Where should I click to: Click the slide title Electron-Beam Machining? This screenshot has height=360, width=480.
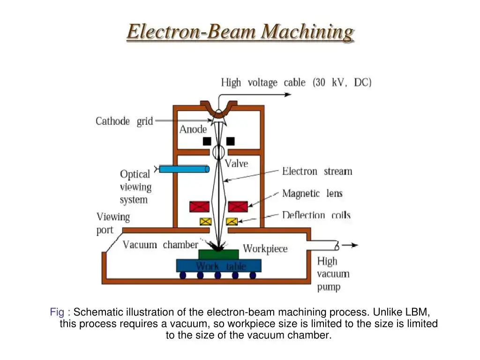pyautogui.click(x=240, y=32)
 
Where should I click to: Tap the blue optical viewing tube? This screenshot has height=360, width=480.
pyautogui.click(x=184, y=169)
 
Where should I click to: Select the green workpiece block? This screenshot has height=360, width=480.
pyautogui.click(x=218, y=254)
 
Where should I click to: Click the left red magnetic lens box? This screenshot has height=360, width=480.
pyautogui.click(x=199, y=207)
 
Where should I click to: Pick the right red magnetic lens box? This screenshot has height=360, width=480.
pyautogui.click(x=238, y=207)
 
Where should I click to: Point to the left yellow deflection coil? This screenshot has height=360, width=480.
pyautogui.click(x=205, y=221)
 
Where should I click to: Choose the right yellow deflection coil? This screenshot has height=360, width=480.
pyautogui.click(x=232, y=221)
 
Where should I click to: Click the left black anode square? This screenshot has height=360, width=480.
pyautogui.click(x=207, y=141)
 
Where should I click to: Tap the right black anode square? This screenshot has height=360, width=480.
pyautogui.click(x=231, y=141)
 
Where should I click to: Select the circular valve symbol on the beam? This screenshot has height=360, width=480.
pyautogui.click(x=218, y=152)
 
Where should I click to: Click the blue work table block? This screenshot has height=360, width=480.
pyautogui.click(x=218, y=266)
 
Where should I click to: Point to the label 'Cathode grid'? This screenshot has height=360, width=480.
pyautogui.click(x=124, y=121)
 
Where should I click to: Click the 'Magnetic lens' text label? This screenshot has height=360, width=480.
pyautogui.click(x=312, y=193)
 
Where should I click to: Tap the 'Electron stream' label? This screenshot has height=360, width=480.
pyautogui.click(x=317, y=172)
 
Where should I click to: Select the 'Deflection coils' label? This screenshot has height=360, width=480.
pyautogui.click(x=316, y=215)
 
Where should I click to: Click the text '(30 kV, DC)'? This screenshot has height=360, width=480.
pyautogui.click(x=342, y=82)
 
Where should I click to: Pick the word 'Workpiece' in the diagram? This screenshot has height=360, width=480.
pyautogui.click(x=265, y=248)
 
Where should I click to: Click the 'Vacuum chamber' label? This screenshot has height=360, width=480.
pyautogui.click(x=160, y=245)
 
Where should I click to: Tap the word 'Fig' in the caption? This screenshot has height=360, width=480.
pyautogui.click(x=57, y=312)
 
